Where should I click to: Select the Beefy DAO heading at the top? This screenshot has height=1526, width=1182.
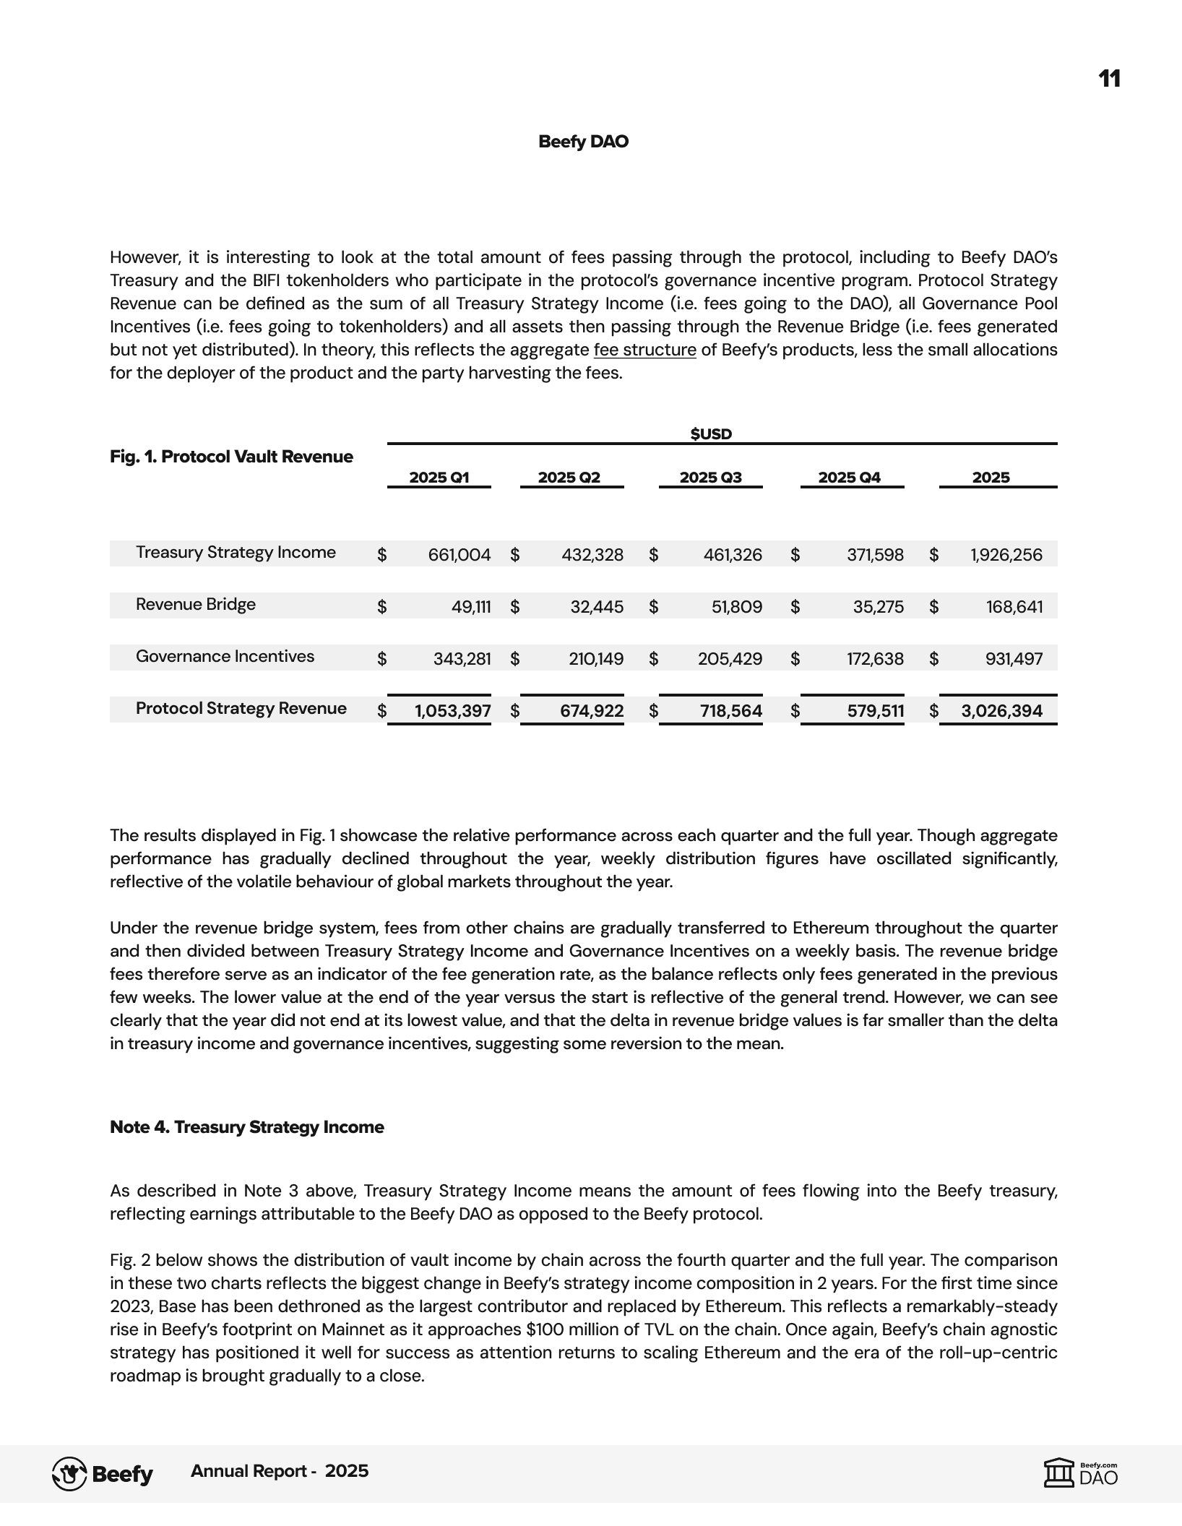tap(583, 142)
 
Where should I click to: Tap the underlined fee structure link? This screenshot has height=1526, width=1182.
tap(644, 350)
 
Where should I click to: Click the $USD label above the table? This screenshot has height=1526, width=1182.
tap(711, 434)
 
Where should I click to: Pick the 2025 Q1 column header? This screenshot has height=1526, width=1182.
tap(439, 477)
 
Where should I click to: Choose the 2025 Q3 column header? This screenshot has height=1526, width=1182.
tap(710, 477)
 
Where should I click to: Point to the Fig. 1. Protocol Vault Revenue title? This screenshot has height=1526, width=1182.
tap(231, 457)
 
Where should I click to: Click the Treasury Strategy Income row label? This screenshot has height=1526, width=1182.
tap(236, 553)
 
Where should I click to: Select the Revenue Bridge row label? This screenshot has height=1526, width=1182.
tap(196, 605)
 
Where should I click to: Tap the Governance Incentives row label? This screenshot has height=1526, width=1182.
tap(225, 657)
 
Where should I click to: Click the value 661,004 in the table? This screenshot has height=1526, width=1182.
tap(459, 555)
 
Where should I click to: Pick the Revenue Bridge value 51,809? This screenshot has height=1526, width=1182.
tap(736, 607)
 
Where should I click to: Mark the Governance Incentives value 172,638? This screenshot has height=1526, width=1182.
tap(875, 659)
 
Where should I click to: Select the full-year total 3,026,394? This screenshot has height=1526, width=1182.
tap(1001, 711)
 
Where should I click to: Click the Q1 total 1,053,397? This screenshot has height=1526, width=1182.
tap(452, 711)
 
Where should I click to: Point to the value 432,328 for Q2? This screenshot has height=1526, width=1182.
tap(592, 555)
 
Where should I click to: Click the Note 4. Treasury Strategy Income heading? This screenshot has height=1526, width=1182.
tap(246, 1127)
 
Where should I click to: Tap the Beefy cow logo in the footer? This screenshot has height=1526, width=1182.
tap(69, 1474)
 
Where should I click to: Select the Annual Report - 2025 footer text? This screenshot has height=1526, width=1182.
tap(280, 1471)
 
